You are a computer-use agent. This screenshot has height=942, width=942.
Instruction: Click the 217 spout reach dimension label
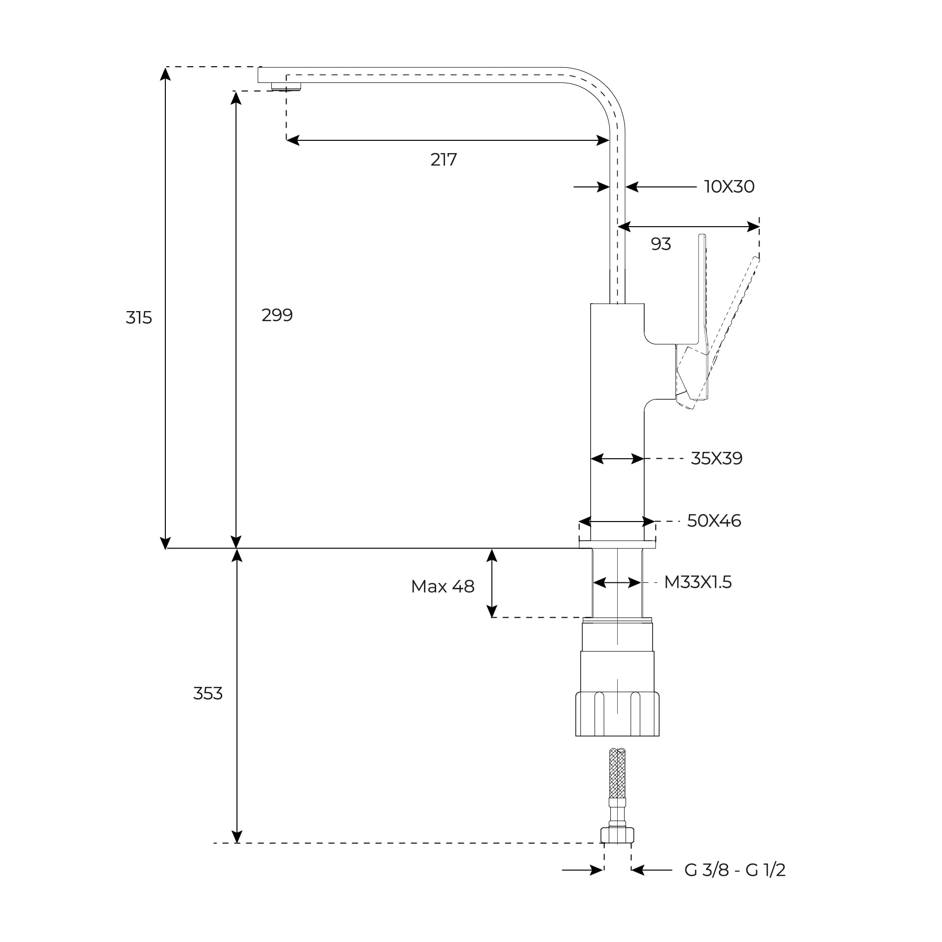[444, 159]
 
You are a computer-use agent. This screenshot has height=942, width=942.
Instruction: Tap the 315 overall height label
[139, 318]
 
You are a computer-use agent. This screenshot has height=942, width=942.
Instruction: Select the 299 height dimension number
[277, 315]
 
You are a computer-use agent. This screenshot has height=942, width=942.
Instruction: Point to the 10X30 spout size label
[729, 186]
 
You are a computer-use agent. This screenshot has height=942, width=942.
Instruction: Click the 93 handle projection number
[660, 244]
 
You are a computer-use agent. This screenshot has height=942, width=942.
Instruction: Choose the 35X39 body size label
[716, 458]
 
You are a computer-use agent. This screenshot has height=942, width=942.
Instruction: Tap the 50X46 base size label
[714, 521]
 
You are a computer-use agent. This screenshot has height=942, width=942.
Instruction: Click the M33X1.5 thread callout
[698, 582]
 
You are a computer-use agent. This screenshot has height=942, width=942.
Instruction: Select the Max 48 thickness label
[443, 586]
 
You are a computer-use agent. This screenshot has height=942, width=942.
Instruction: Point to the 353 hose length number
[208, 693]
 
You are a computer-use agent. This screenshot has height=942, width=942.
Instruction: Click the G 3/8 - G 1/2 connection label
[734, 870]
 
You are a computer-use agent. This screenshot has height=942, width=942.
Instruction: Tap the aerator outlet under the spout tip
[286, 87]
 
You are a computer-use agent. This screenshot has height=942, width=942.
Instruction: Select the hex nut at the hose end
[617, 835]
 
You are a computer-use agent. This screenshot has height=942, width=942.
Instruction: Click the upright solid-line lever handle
[703, 294]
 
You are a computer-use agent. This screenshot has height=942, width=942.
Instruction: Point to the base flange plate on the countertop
[617, 544]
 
